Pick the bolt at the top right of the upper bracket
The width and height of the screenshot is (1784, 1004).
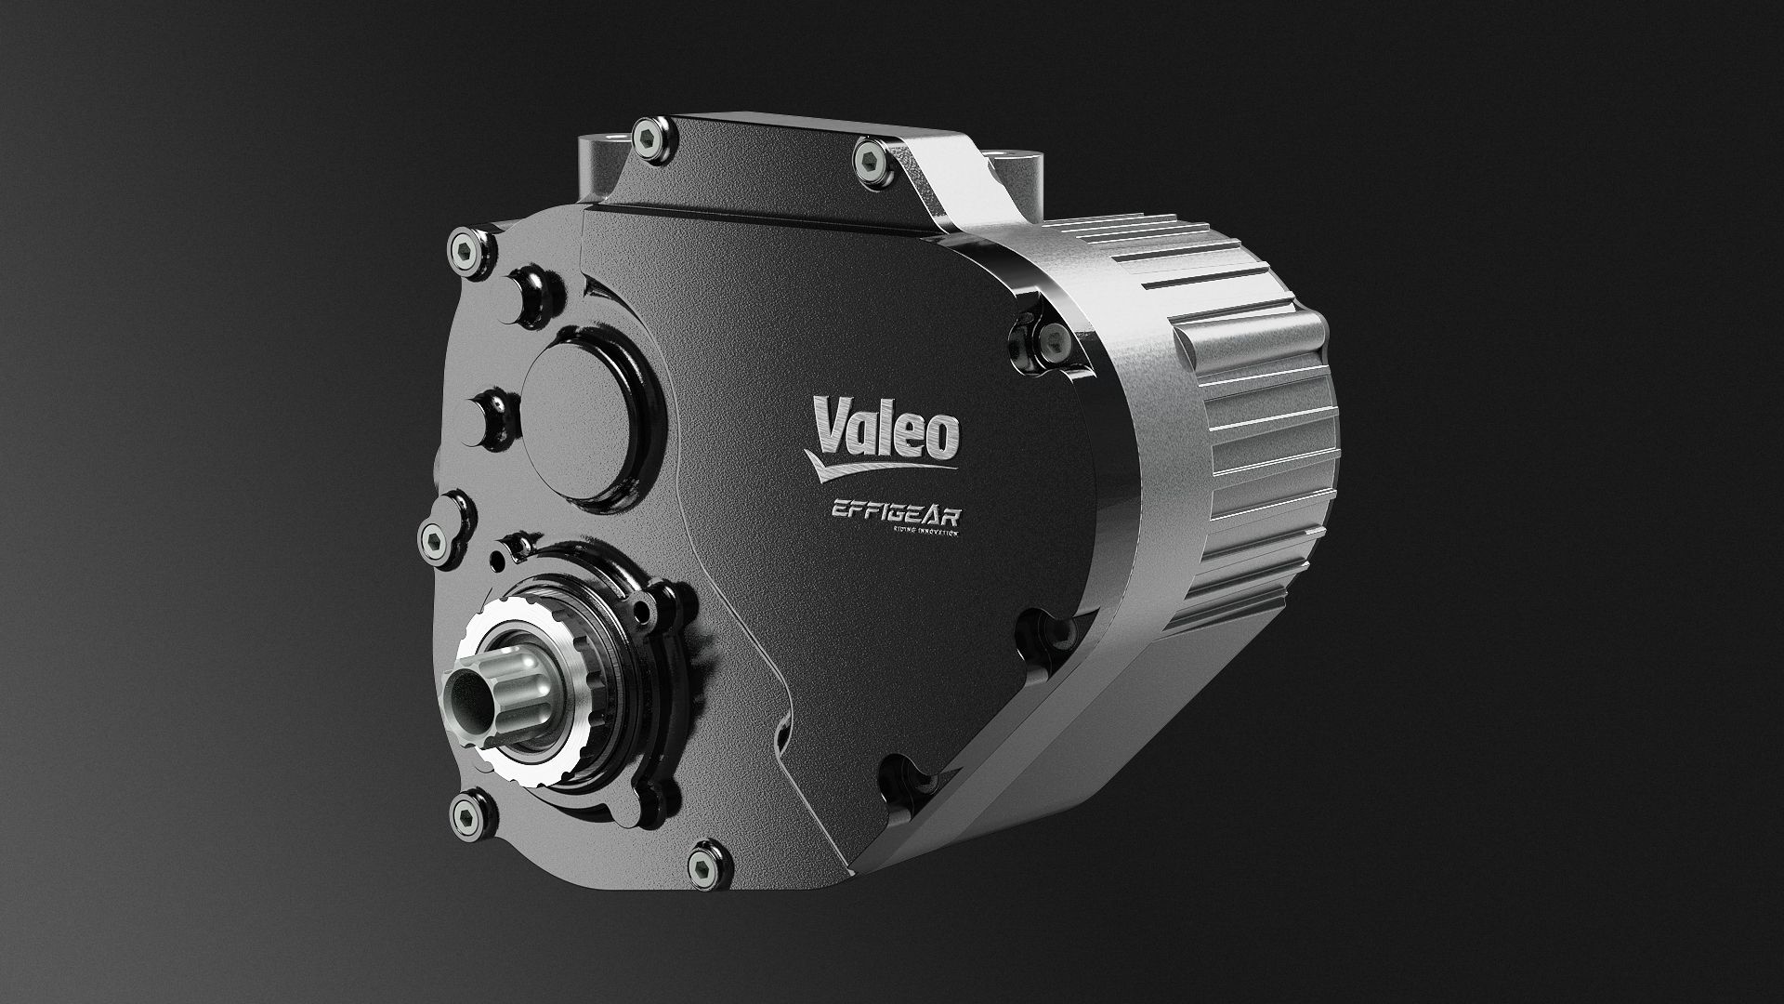click(871, 158)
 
